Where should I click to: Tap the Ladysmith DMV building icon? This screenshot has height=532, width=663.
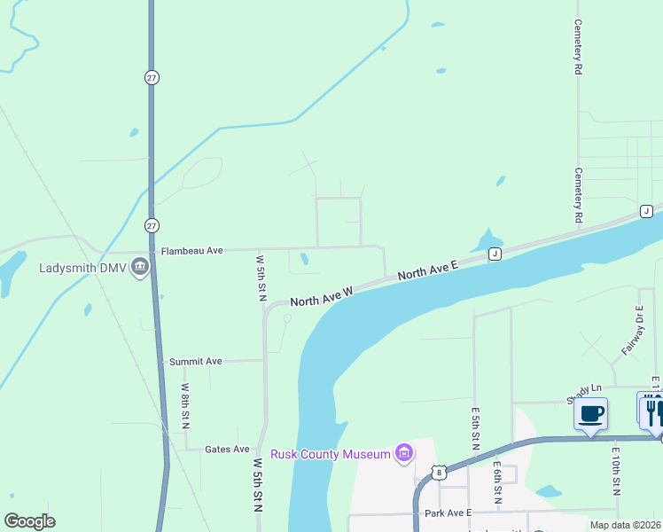139,267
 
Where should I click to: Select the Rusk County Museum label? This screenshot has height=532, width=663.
331,455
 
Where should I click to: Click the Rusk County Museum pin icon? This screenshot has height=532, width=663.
404,455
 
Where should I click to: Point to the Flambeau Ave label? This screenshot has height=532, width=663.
191,251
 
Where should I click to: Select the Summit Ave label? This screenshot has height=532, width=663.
195,362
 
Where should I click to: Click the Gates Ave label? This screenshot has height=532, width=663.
227,450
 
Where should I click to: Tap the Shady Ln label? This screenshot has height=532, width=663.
585,389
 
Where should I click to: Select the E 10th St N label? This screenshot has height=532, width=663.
616,470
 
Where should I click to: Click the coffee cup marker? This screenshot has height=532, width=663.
590,412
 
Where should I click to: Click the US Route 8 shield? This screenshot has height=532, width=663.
439,473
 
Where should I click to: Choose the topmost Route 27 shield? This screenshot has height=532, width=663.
152,78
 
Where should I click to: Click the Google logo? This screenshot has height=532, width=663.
29,521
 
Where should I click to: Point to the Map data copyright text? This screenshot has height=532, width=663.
625,525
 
